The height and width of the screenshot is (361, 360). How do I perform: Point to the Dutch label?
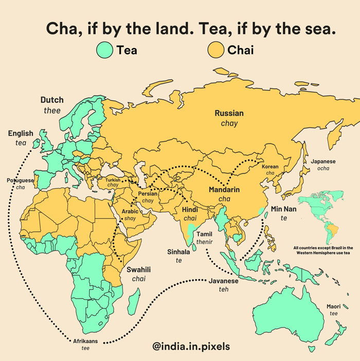point(52,100)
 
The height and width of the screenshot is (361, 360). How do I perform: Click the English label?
point(21,134)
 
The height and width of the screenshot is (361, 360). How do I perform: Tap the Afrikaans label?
point(85,341)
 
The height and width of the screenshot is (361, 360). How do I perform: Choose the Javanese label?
point(224,281)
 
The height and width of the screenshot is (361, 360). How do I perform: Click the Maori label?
point(333,307)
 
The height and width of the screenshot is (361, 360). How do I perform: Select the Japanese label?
point(323,162)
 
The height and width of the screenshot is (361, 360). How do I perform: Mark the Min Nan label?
point(283,209)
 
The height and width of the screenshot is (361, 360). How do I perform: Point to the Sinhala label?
point(178,252)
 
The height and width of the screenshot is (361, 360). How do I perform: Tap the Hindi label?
point(190,210)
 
